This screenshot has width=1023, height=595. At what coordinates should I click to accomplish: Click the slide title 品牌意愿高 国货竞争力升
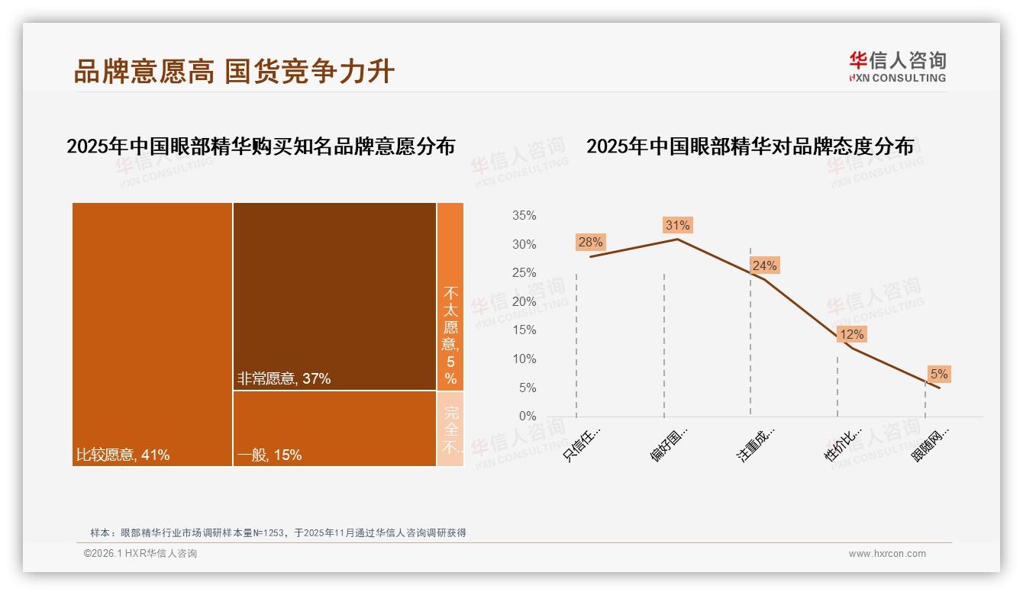point(234,71)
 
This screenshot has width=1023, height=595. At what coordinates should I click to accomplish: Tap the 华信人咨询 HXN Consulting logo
point(897,67)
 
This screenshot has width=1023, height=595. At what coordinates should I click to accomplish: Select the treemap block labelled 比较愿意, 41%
point(152,334)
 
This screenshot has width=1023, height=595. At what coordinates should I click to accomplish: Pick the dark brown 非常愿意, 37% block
point(334,296)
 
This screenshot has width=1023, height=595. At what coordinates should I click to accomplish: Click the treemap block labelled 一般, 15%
point(334,428)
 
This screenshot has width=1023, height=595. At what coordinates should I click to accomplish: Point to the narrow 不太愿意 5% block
point(450,296)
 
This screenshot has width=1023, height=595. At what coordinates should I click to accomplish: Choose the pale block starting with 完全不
point(450,428)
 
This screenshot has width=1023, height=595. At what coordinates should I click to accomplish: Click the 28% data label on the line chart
point(590,242)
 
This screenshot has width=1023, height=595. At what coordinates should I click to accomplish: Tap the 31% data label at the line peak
point(677,225)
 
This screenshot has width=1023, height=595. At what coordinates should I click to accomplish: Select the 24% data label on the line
point(764,265)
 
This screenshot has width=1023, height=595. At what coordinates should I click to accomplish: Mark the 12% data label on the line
point(851,334)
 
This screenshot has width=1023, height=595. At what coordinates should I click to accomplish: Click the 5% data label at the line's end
point(938,374)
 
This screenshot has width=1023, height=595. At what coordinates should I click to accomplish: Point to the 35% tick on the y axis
point(524,216)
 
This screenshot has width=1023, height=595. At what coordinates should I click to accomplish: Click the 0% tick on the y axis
point(527,416)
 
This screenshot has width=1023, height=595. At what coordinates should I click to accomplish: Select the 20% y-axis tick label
point(524,301)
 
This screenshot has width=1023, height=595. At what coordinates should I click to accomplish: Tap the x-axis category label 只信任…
point(582,443)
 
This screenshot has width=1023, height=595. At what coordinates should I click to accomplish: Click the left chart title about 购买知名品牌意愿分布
point(260,146)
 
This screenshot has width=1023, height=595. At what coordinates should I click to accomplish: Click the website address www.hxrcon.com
point(887,554)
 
